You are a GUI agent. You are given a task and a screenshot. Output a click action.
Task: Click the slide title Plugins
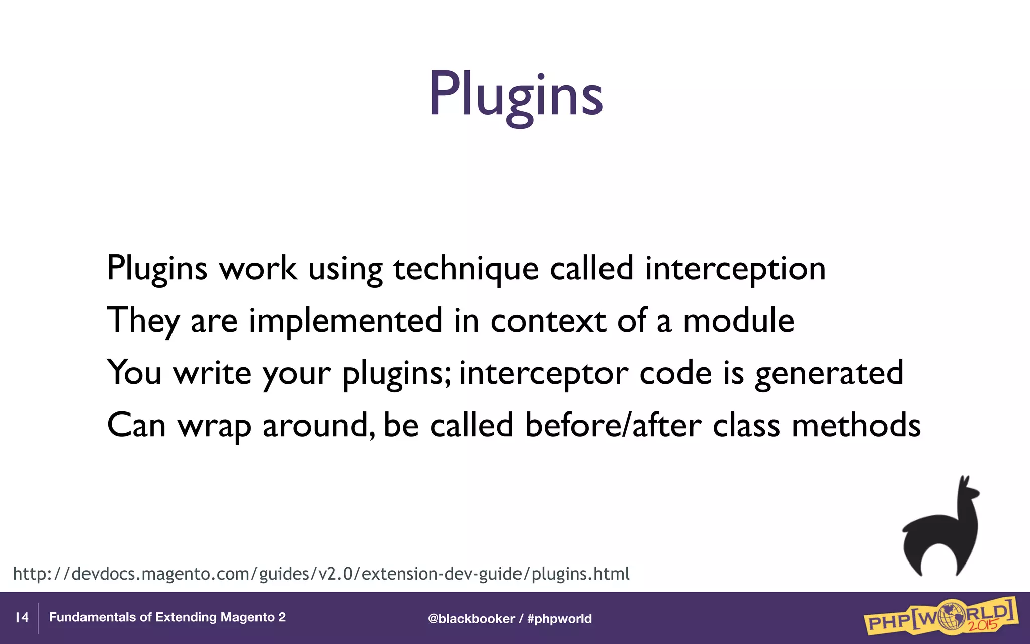(515, 95)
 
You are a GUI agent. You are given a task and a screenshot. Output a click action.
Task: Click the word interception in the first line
(735, 269)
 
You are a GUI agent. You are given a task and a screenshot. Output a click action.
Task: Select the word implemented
(346, 321)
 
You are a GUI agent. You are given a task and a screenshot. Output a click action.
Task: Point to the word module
(738, 321)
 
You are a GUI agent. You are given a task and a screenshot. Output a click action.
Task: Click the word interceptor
(543, 373)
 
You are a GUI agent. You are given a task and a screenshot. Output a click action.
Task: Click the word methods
(855, 425)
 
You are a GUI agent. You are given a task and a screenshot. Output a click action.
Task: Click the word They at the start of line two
(143, 321)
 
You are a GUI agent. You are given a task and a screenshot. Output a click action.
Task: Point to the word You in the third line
(134, 373)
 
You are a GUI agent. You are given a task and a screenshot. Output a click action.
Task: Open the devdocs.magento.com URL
(321, 574)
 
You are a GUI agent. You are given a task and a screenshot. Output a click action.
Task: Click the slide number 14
(22, 618)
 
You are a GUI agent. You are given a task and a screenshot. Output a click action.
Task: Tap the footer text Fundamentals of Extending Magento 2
(167, 617)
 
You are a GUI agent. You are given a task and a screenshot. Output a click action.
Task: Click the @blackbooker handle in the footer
(471, 619)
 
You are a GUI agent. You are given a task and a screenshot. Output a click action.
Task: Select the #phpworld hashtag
(559, 619)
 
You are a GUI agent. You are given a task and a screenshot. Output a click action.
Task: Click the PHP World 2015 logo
(939, 618)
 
